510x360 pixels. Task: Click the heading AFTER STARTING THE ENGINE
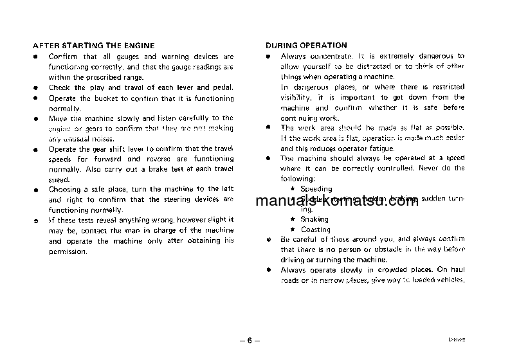click(93, 46)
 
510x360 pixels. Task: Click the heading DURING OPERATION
click(306, 46)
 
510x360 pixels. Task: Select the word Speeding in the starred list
click(316, 189)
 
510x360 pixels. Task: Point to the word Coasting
click(315, 230)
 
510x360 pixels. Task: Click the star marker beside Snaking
click(293, 219)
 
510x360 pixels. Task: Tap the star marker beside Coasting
click(293, 230)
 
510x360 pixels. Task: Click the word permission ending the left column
click(68, 251)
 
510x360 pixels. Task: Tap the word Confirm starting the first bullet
click(62, 57)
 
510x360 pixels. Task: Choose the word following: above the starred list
click(298, 178)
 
